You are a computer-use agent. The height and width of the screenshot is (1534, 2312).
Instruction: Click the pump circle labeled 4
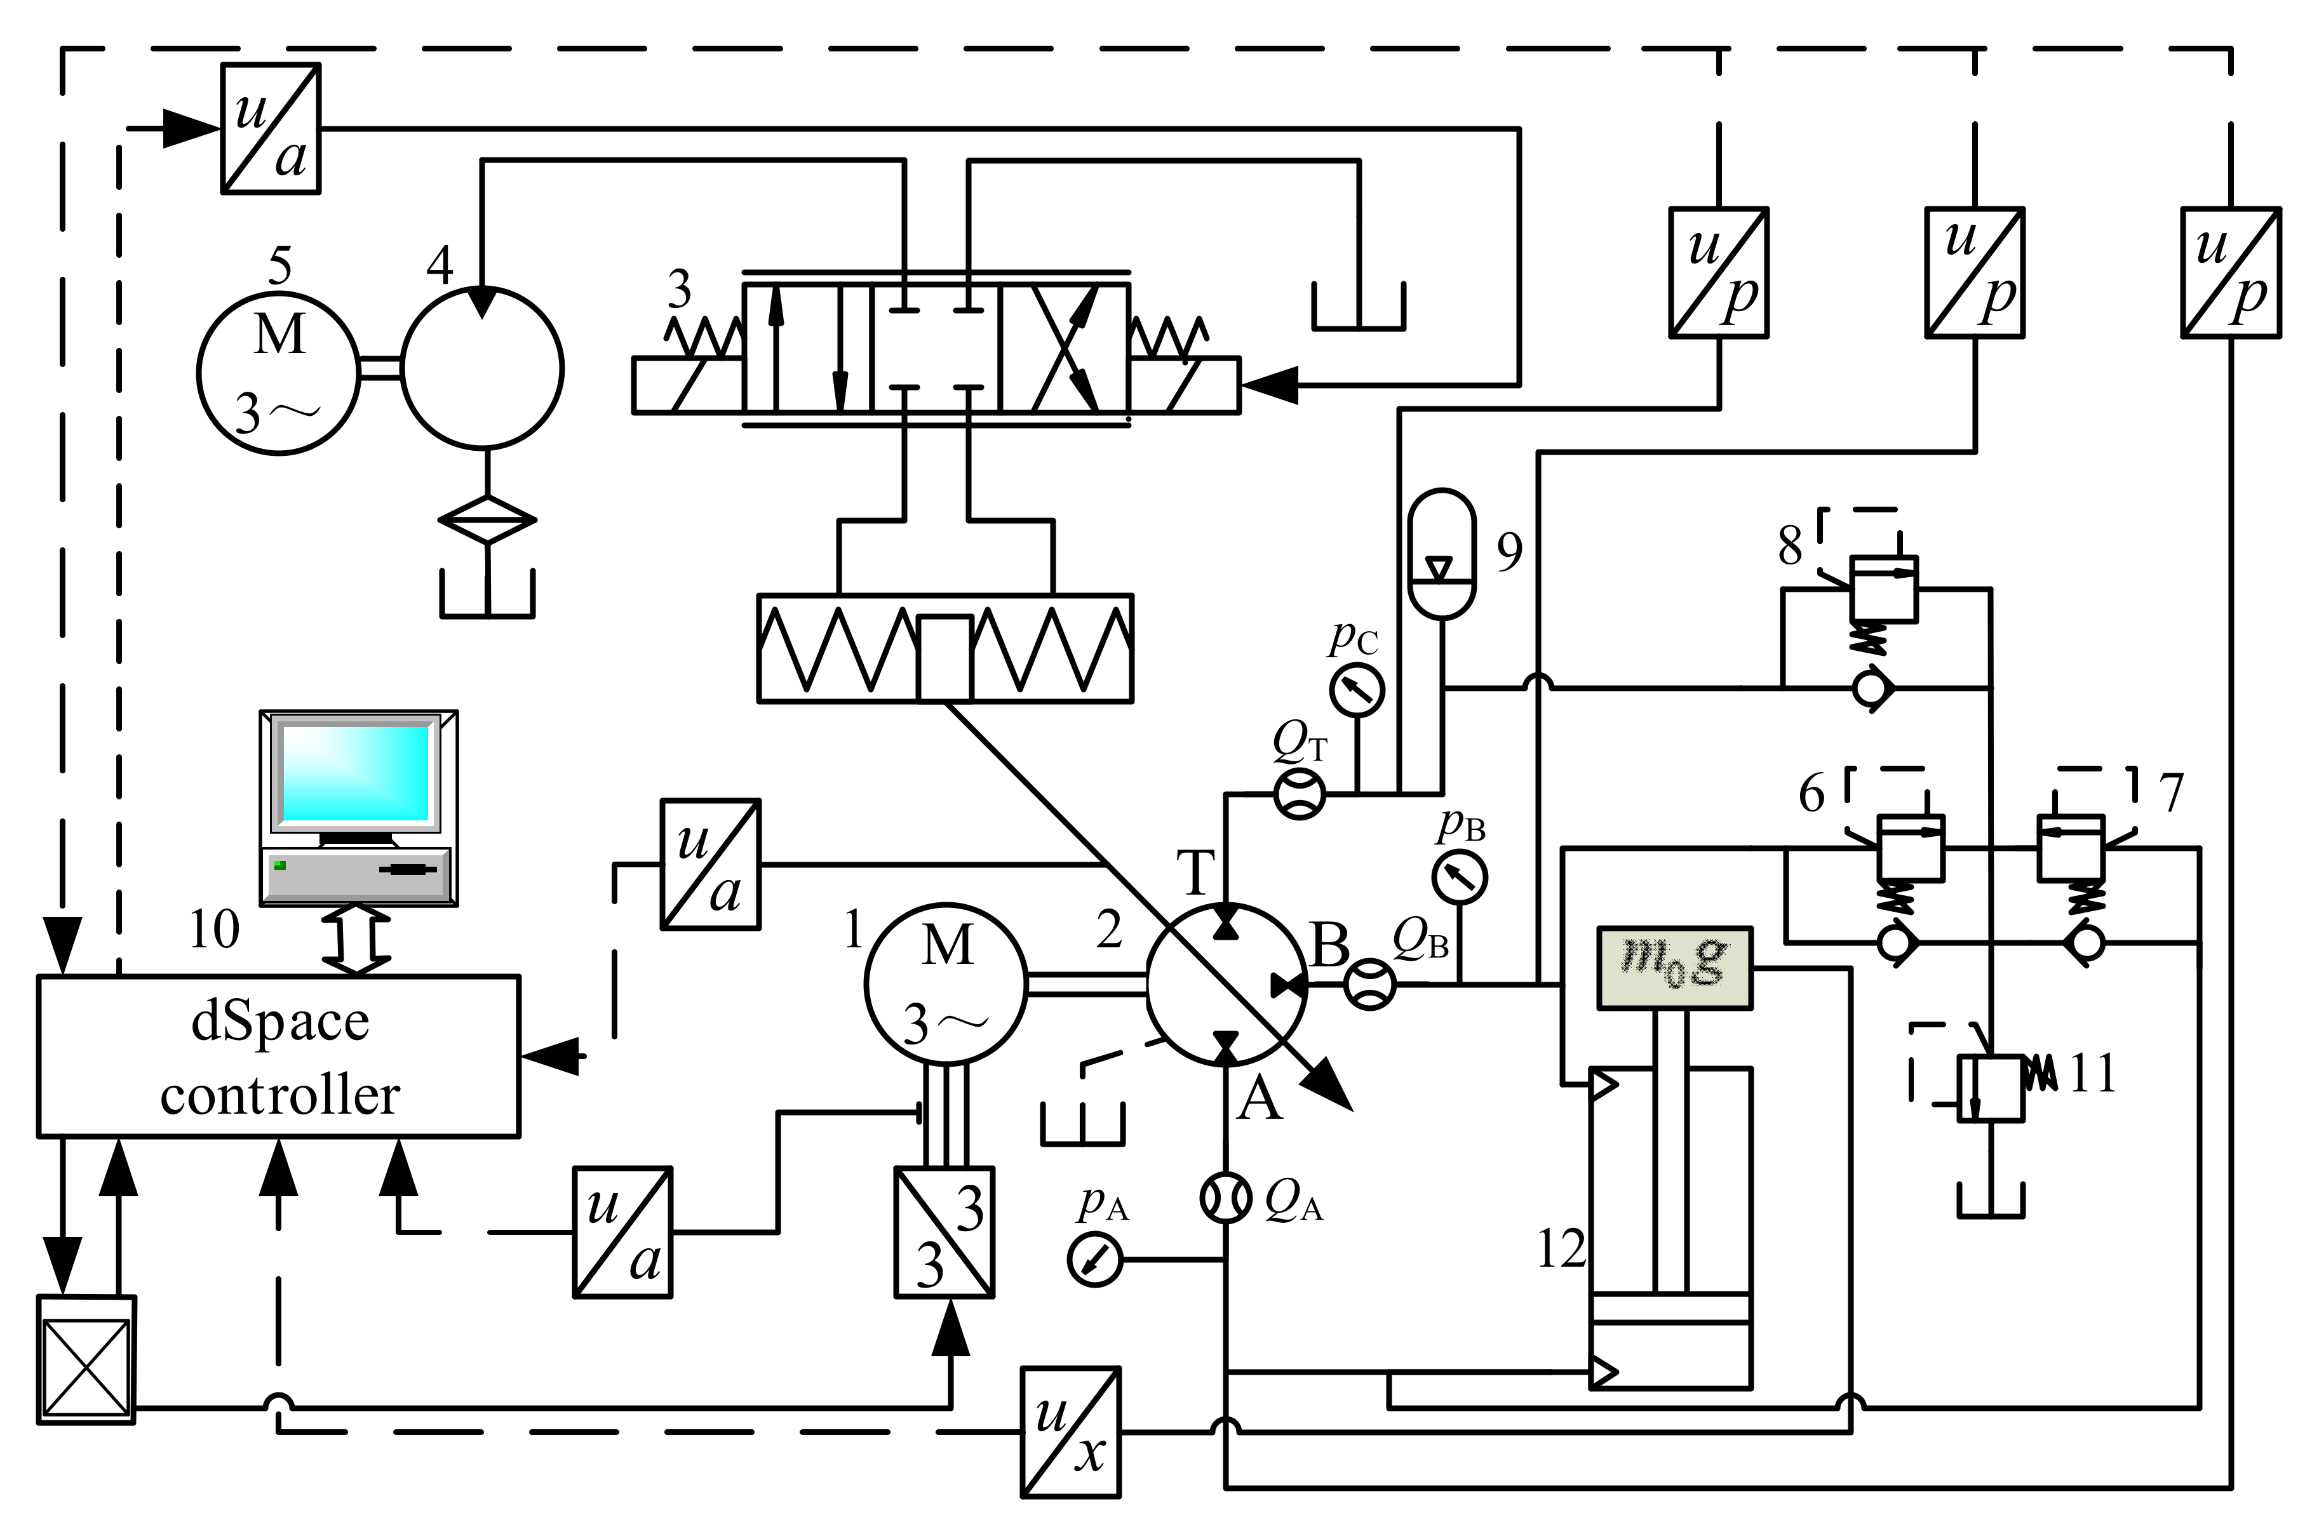tap(482, 369)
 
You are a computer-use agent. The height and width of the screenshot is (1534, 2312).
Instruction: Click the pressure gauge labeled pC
tap(1357, 690)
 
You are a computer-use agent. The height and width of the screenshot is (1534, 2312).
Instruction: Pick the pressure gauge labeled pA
tap(1095, 1259)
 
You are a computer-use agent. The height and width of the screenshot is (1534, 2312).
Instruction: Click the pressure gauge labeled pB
tap(1460, 877)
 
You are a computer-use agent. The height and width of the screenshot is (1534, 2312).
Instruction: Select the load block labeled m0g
tap(1674, 968)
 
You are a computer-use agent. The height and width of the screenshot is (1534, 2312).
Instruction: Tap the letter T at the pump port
tap(1195, 872)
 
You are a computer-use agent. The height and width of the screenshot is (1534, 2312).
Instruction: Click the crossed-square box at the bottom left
tap(86, 1360)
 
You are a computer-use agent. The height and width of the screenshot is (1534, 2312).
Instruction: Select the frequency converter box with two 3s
tap(944, 1232)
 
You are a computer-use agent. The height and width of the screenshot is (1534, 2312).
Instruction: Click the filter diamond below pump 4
tap(487, 519)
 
